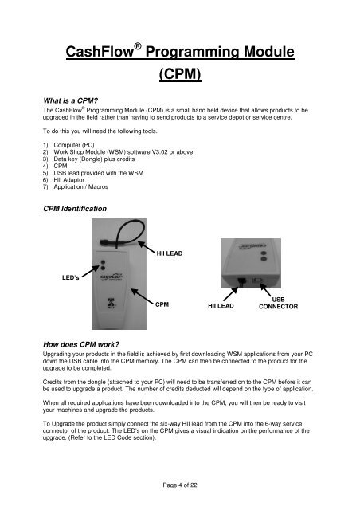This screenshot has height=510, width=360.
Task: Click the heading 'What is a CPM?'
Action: pyautogui.click(x=71, y=100)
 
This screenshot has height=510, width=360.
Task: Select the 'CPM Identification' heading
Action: pyautogui.click(x=75, y=209)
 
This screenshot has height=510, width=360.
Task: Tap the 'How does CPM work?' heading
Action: pyautogui.click(x=81, y=344)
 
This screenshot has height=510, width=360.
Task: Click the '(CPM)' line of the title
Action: pyautogui.click(x=180, y=73)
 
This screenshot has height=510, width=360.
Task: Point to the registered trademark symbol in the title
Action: pyautogui.click(x=138, y=46)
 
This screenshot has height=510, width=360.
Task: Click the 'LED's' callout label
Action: pyautogui.click(x=71, y=277)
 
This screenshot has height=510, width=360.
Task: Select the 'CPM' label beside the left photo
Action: pyautogui.click(x=162, y=304)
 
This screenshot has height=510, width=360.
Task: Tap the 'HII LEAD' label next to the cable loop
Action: pyautogui.click(x=170, y=253)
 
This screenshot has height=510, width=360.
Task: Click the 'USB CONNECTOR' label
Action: pyautogui.click(x=279, y=303)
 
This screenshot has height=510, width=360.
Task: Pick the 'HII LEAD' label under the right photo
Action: pyautogui.click(x=221, y=306)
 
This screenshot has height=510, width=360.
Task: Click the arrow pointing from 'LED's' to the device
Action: pyautogui.click(x=91, y=271)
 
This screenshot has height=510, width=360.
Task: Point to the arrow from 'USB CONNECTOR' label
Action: pyautogui.click(x=265, y=290)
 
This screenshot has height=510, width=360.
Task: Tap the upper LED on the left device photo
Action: pyautogui.click(x=103, y=262)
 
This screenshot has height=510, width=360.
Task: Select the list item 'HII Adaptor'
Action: pyautogui.click(x=69, y=180)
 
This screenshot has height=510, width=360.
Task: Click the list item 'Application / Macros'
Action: pyautogui.click(x=81, y=186)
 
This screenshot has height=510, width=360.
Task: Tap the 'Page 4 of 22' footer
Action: pyautogui.click(x=180, y=485)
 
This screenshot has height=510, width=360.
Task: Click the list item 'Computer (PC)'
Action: pyautogui.click(x=74, y=145)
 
